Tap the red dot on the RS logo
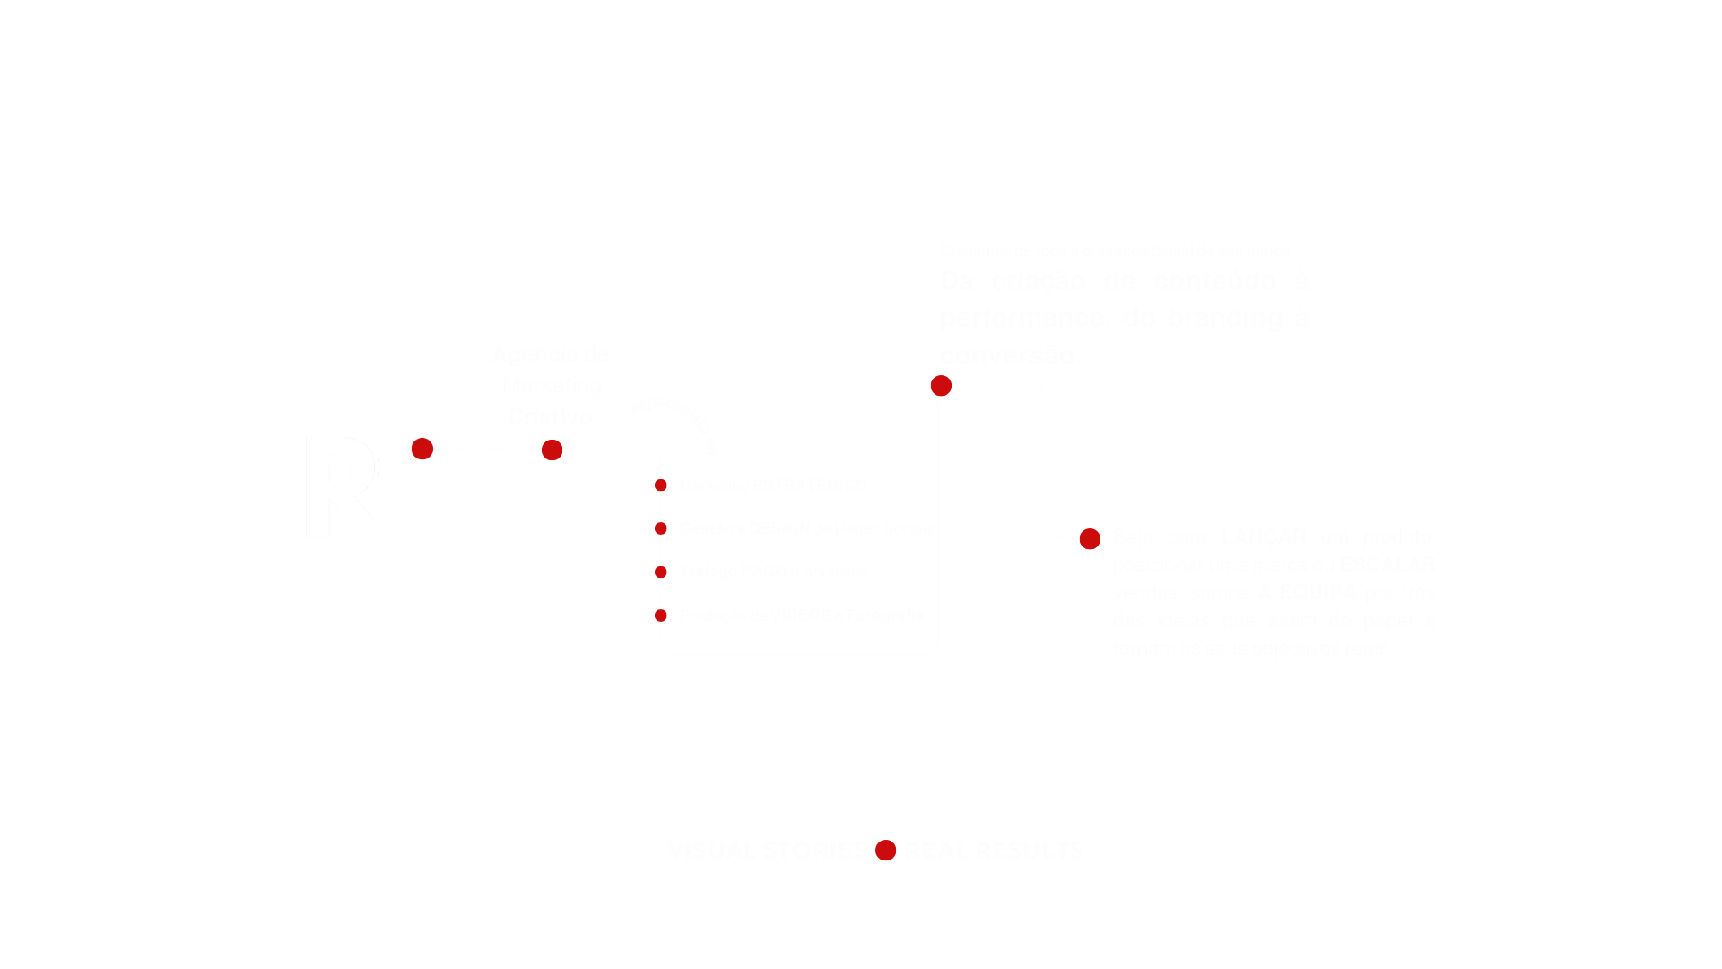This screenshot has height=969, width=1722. [x=422, y=449]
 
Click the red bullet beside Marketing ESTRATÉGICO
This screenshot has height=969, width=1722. [x=661, y=485]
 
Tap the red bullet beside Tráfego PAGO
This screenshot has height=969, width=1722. [x=661, y=572]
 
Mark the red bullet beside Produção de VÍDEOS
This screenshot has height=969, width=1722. [x=661, y=615]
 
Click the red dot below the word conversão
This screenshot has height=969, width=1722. [x=941, y=386]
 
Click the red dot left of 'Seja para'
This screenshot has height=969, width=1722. [x=1090, y=539]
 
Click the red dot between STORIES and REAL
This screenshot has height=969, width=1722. [x=886, y=851]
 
